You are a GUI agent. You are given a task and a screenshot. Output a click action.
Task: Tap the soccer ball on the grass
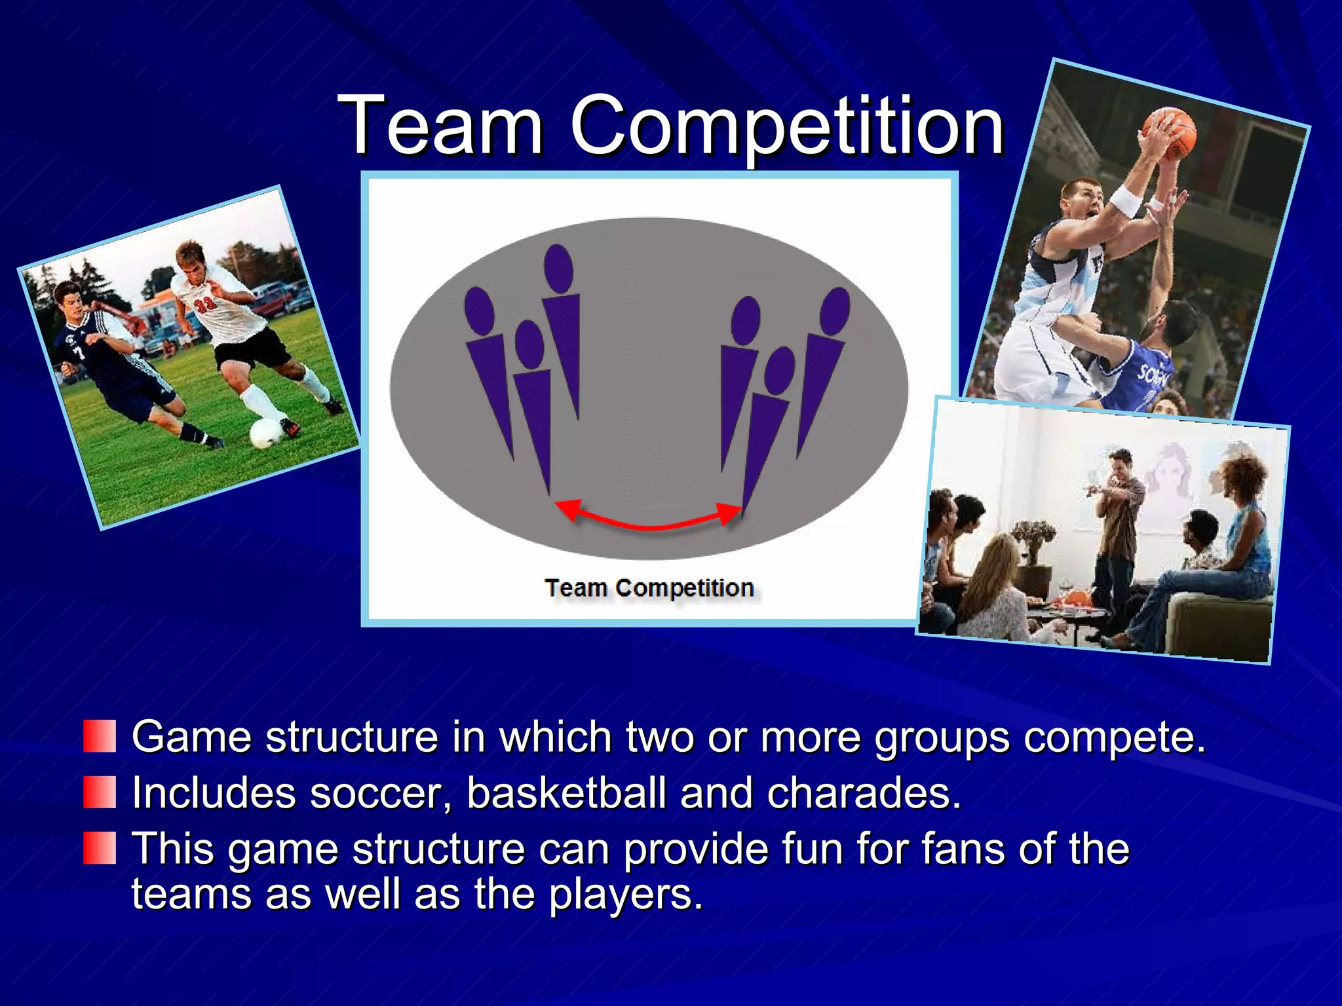pos(267,433)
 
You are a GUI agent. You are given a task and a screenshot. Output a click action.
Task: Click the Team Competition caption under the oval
pos(649,587)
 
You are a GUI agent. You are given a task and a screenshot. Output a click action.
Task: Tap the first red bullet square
pos(100,736)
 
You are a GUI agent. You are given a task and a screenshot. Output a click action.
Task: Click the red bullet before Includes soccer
pos(100,792)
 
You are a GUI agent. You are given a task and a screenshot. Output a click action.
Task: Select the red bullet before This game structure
pos(100,848)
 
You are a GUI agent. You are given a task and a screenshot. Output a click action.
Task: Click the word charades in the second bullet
pos(863,792)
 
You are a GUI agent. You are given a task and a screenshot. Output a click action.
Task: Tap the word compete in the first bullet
pos(1113,737)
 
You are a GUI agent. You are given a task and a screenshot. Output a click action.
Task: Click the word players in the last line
pos(624,895)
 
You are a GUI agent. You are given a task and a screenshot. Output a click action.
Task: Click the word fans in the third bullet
pos(963,849)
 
